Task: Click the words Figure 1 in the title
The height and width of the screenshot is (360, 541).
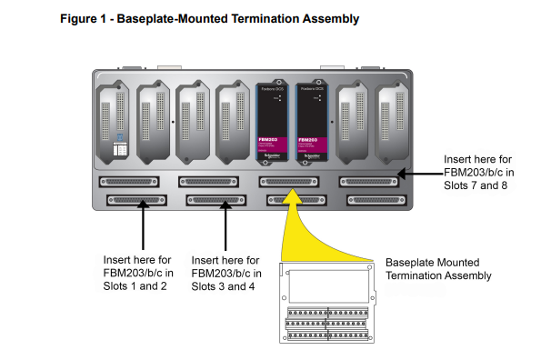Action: pyautogui.click(x=82, y=18)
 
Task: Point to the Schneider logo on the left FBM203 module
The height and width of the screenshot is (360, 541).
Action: pyautogui.click(x=275, y=152)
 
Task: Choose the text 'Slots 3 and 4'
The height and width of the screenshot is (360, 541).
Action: pyautogui.click(x=222, y=287)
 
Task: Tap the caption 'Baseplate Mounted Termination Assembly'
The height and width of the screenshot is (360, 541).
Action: pyautogui.click(x=438, y=269)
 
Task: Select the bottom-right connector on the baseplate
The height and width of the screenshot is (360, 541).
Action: pyautogui.click(x=372, y=199)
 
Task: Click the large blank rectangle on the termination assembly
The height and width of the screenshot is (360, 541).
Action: pyautogui.click(x=326, y=286)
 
